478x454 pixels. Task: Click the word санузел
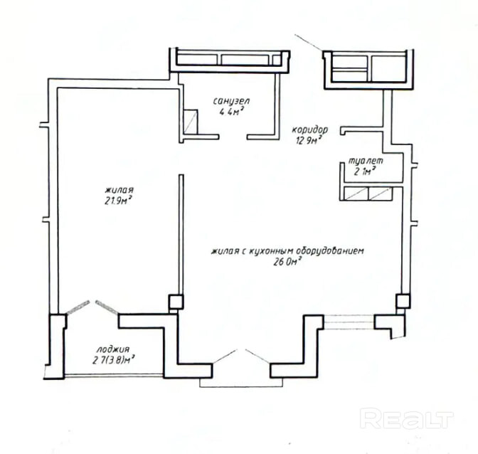point(232,101)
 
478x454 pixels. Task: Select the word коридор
point(310,130)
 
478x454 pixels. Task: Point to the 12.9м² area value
point(309,140)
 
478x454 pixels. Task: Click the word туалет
point(366,161)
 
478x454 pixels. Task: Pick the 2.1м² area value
point(365,171)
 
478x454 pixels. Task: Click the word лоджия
point(113,349)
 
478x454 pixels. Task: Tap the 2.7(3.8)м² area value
point(114,360)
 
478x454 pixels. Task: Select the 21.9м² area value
point(118,201)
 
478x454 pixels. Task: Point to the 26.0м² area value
point(287,262)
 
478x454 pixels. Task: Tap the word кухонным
point(267,251)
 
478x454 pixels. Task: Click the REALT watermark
point(407,418)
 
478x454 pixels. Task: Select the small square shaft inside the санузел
point(191,122)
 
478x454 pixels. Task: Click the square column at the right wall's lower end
point(403,301)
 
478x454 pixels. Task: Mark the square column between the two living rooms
point(176,302)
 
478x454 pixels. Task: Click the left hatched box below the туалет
point(356,194)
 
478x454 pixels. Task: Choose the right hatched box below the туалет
point(381,194)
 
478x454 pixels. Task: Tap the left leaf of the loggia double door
point(78,307)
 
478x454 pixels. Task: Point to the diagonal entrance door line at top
point(308,43)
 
